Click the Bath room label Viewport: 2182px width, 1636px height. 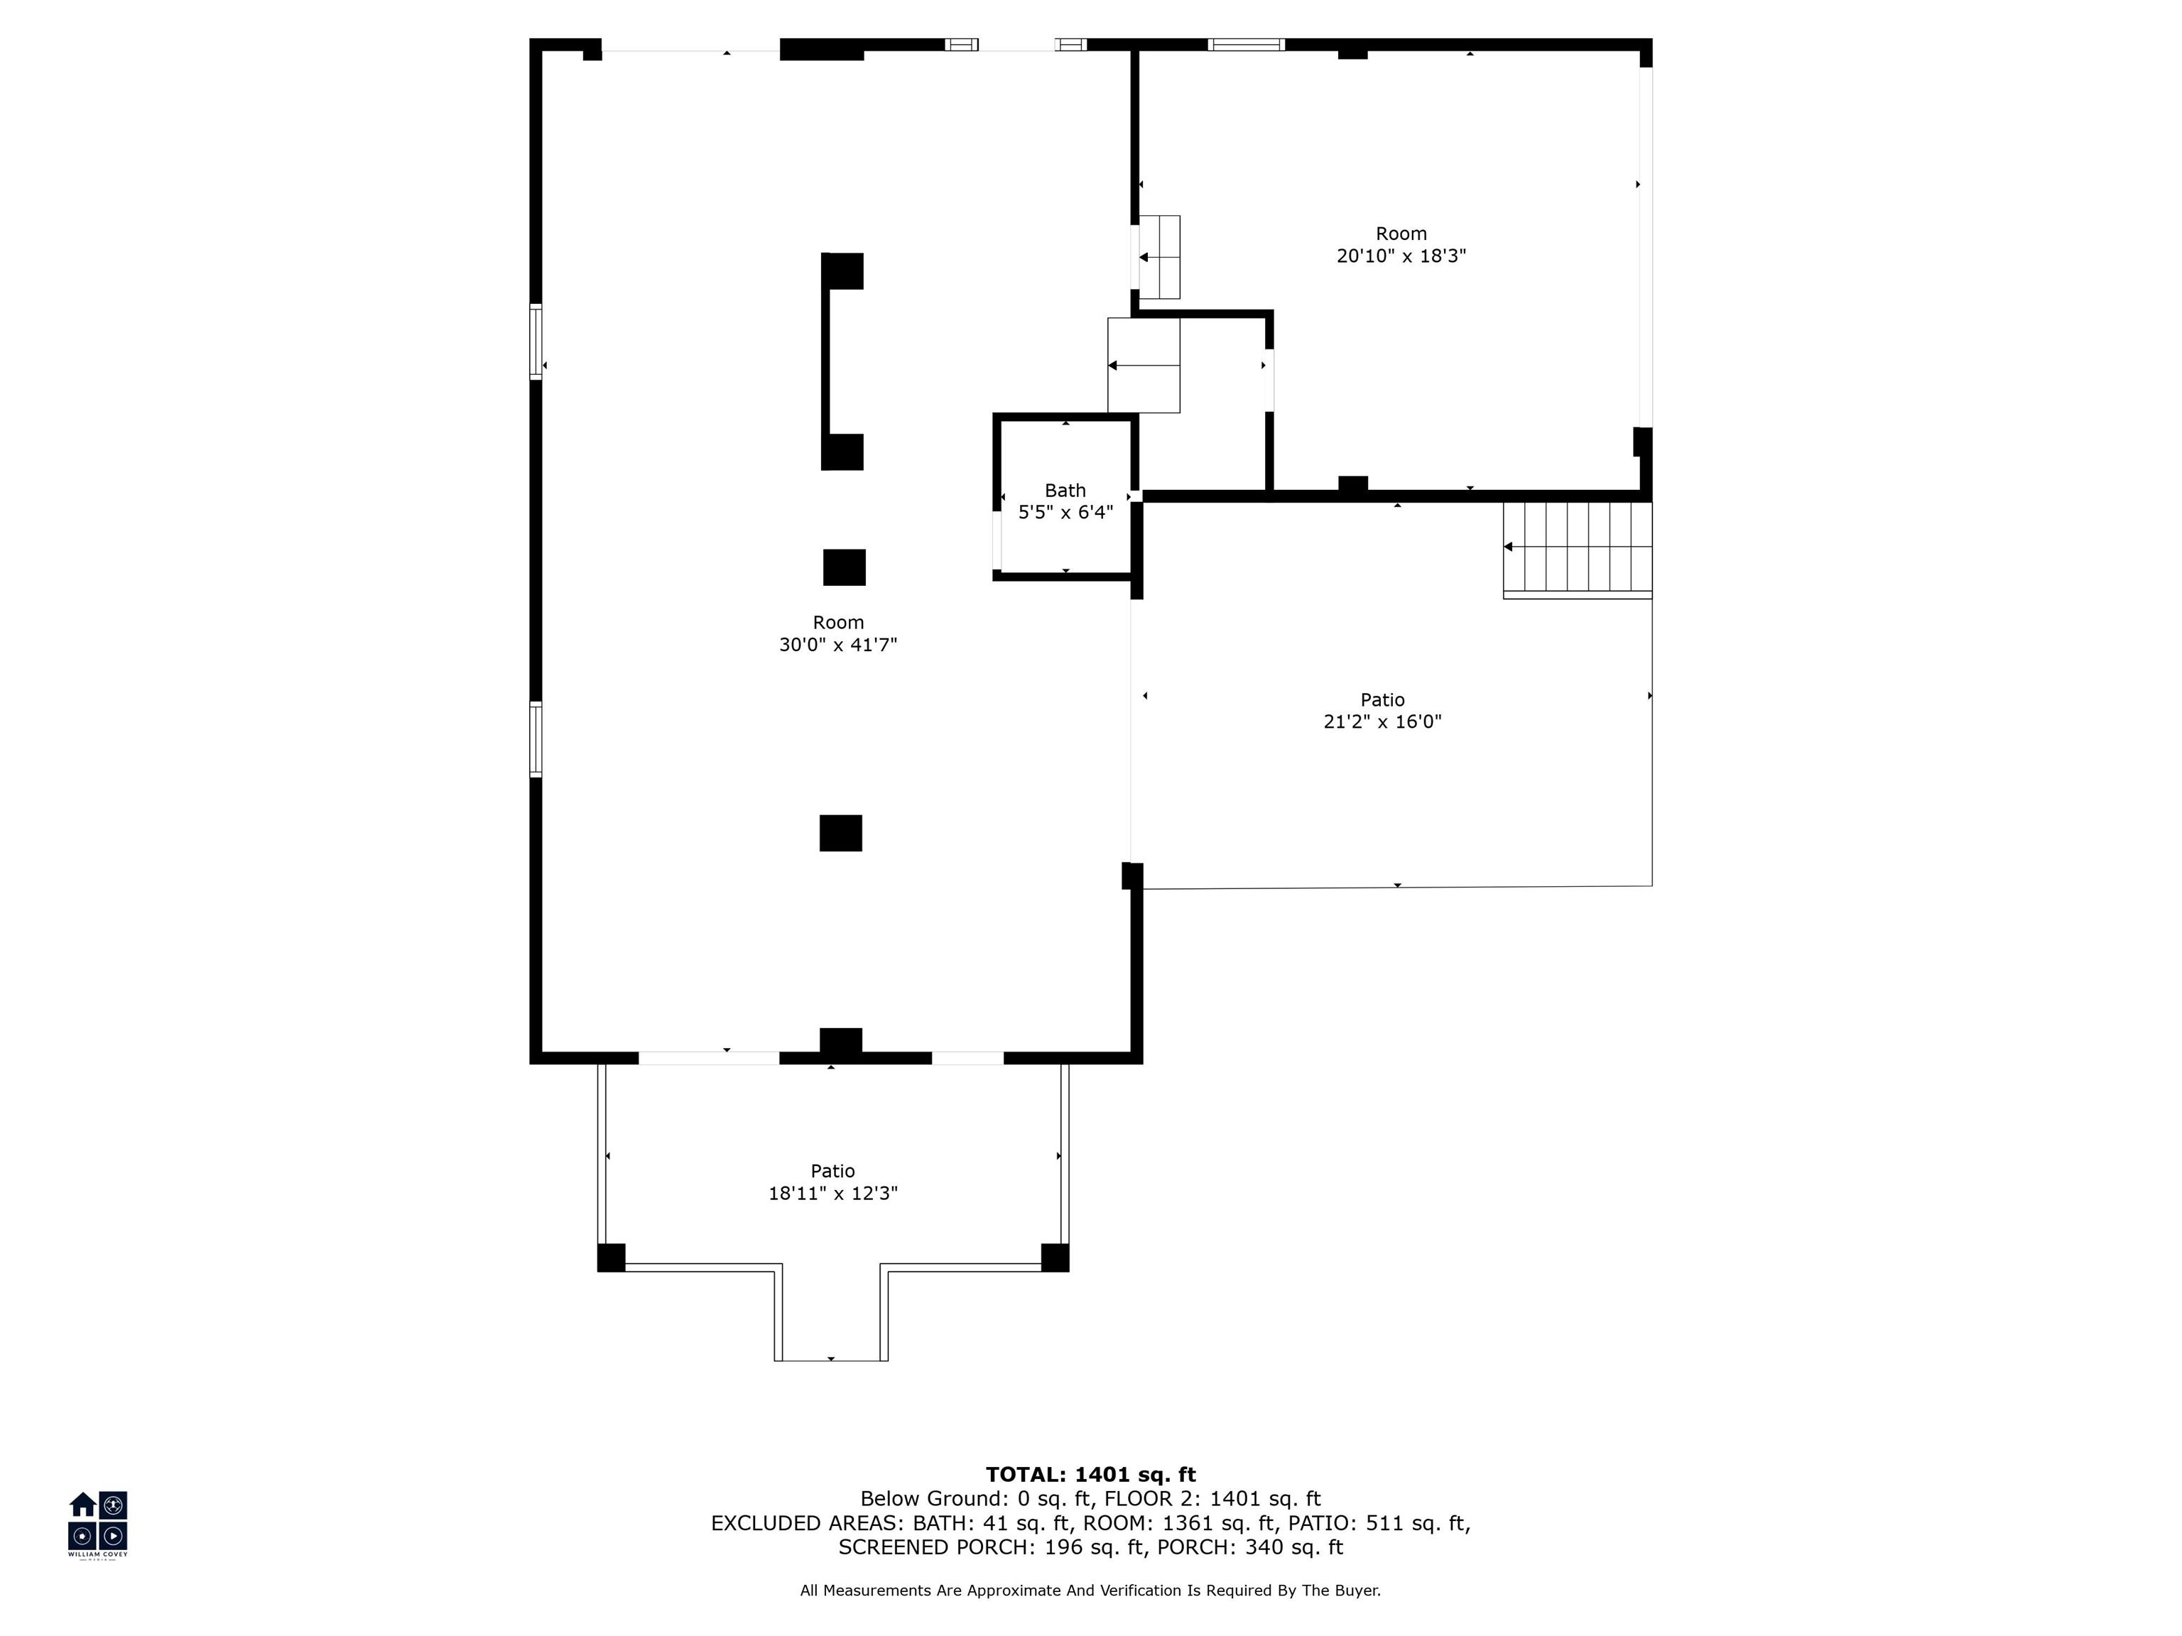coord(1065,490)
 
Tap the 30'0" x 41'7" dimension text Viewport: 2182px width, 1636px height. coord(838,645)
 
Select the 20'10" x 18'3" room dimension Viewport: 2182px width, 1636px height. coord(1401,256)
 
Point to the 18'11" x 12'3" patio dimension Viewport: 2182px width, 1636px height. coord(834,1193)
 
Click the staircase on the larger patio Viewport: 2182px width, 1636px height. coord(1578,550)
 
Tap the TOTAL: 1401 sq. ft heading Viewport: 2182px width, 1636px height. coord(1091,1474)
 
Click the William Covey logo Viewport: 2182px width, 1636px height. coord(97,1524)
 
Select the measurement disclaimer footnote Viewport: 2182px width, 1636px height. coord(1091,1590)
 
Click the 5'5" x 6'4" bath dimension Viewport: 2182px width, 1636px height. coord(1065,513)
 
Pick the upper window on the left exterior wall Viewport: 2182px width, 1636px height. coord(536,342)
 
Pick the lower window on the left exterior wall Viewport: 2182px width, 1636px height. coord(536,738)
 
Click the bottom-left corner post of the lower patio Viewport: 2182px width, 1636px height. coord(612,1258)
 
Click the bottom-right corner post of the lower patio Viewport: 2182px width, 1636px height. coord(1055,1258)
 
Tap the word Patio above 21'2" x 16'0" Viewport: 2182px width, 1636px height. coord(1383,700)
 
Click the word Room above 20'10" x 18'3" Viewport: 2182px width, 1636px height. coord(1401,234)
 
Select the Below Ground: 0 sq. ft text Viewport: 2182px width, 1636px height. coord(977,1499)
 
